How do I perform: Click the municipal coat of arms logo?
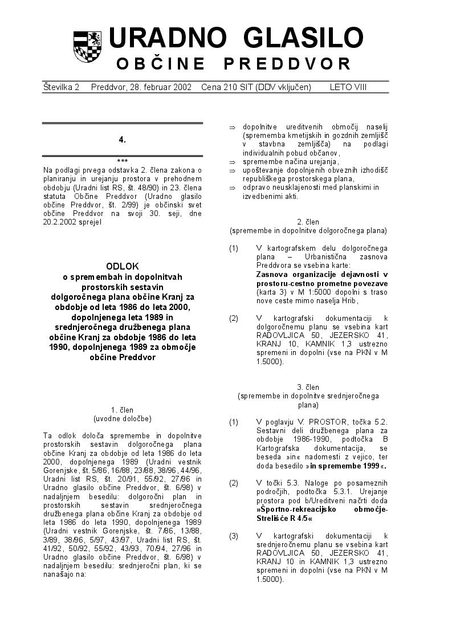point(87,47)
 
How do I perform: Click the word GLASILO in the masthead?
point(303,39)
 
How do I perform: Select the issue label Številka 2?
point(61,87)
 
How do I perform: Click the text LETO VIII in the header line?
point(348,87)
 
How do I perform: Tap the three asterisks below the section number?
point(122,161)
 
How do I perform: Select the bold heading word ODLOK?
point(122,266)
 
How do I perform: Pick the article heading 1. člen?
point(122,409)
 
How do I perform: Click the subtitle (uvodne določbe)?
point(122,418)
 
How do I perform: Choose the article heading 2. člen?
point(308,222)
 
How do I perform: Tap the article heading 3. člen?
point(308,387)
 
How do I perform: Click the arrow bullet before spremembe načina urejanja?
point(232,162)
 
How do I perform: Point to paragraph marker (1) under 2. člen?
point(234,248)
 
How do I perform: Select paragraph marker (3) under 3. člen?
point(234,536)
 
